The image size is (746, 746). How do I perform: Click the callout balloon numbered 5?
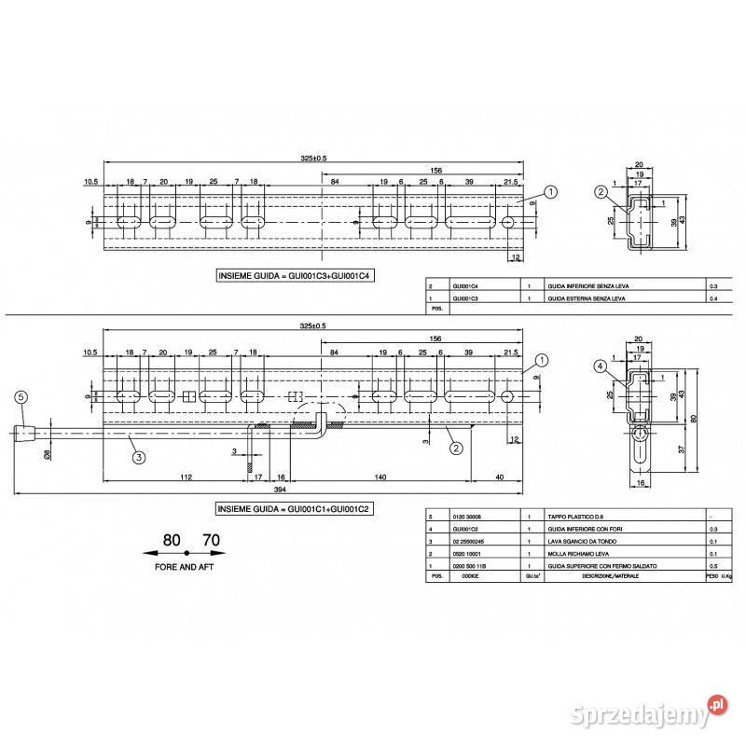[21, 396]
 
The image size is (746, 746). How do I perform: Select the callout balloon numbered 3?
[137, 457]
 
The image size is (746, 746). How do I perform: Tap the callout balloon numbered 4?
[601, 366]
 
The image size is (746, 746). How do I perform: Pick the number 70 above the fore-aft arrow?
[211, 540]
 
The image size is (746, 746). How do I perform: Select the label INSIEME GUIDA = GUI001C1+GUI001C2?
[295, 510]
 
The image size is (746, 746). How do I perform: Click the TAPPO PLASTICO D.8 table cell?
[576, 515]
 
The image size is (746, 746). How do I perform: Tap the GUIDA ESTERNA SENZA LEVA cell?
[584, 299]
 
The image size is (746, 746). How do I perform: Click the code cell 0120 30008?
[469, 515]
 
